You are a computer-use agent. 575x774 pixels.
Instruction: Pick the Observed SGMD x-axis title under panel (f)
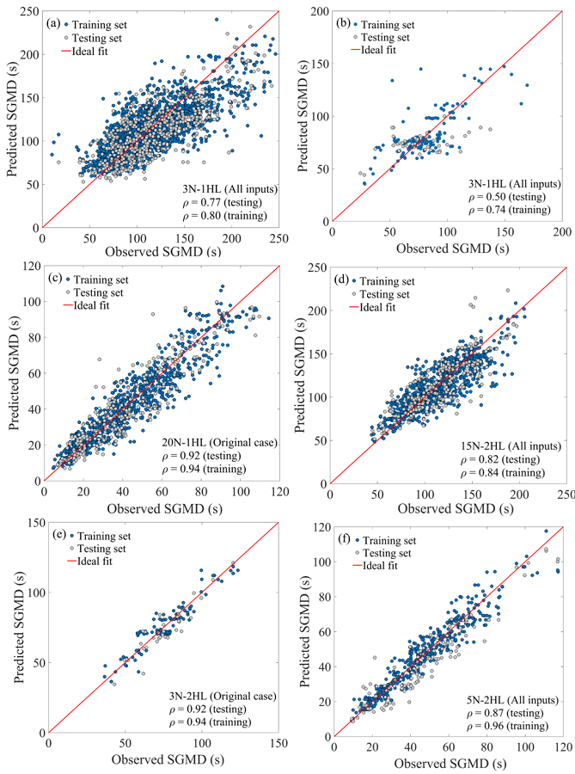[x=447, y=764]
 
